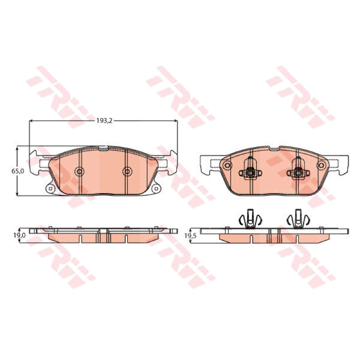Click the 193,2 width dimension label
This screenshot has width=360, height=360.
(104, 121)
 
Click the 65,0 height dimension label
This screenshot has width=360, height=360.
(18, 171)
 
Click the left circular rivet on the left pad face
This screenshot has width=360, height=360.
(80, 171)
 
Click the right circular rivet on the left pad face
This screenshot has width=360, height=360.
(127, 171)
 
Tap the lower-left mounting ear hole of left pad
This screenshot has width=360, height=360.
(50, 189)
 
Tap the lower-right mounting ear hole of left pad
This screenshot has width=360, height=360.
(156, 189)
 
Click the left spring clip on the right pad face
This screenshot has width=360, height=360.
(250, 170)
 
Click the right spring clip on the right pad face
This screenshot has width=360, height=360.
(298, 170)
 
